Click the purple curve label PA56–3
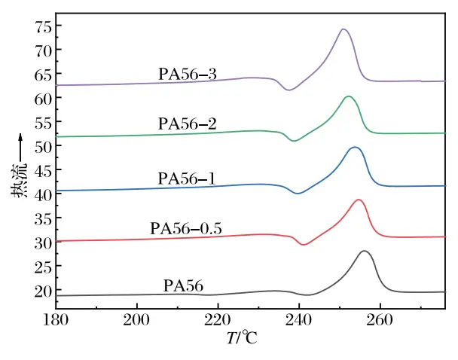[188, 74]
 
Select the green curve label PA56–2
[188, 124]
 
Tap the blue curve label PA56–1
[187, 178]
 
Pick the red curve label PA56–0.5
[186, 228]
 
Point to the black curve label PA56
[183, 285]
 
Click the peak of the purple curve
[343, 29]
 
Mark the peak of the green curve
[349, 96]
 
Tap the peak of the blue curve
[355, 147]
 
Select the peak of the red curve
[359, 200]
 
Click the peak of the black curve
[365, 251]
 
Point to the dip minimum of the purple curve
[289, 90]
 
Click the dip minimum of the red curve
[304, 245]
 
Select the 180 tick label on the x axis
[56, 320]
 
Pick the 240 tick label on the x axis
[299, 320]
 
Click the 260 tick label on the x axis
[380, 320]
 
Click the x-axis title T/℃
[242, 338]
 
